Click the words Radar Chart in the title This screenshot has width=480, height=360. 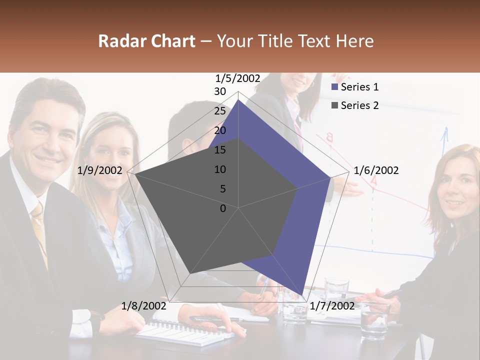pos(146,41)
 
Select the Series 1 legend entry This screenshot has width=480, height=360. pos(355,87)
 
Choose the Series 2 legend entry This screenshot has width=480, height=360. pos(355,105)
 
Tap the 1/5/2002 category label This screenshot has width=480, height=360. pos(238,78)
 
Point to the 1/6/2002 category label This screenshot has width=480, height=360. pos(376,170)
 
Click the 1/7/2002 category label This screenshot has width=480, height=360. pos(332,305)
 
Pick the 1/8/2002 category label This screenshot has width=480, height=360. pos(143,305)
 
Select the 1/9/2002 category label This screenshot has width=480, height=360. pos(100,170)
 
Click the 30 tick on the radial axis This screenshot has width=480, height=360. pos(220,91)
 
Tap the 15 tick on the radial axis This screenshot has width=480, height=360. pos(220,150)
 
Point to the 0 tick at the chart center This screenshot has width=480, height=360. pos(223,208)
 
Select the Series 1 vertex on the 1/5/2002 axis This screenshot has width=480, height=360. pos(238,100)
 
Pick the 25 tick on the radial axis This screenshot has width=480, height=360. pos(220,111)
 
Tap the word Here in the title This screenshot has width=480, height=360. pos(354,41)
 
